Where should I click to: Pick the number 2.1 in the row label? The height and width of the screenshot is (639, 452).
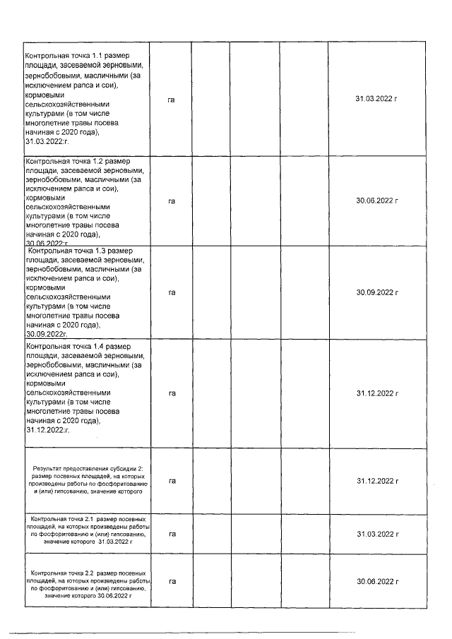[x=88, y=519]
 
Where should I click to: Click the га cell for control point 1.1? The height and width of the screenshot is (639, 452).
[x=172, y=100]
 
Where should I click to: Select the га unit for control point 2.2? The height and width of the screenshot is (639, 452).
[x=172, y=581]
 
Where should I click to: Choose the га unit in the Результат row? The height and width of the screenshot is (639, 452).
[x=172, y=481]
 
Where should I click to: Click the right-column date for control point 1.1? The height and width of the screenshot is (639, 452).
[x=377, y=100]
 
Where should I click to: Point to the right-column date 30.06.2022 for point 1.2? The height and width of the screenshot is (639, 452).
[x=377, y=201]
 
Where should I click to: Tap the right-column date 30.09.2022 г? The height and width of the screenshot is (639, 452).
[x=377, y=292]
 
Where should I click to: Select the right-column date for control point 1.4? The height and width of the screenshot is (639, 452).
[x=377, y=393]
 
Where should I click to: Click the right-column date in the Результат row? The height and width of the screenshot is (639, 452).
[x=377, y=481]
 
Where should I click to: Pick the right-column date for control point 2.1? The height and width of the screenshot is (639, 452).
[x=377, y=534]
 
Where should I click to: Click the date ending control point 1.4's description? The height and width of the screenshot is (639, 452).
[x=47, y=429]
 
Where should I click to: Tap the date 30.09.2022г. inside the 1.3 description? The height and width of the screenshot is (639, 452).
[x=46, y=335]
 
